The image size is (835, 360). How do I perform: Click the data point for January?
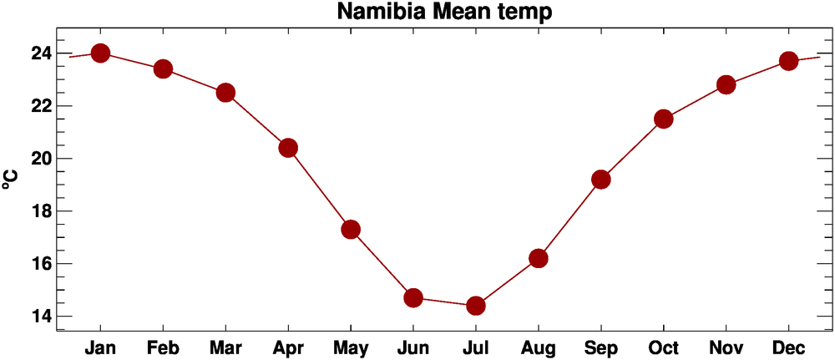tap(101, 53)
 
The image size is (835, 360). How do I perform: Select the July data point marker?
tap(476, 306)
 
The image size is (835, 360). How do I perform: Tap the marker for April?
tap(288, 148)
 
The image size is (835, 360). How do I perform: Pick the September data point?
tap(601, 180)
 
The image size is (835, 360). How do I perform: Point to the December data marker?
tap(788, 61)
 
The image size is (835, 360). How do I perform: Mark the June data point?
tap(413, 298)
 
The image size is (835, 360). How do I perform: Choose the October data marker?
tap(664, 119)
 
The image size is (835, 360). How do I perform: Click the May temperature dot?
tap(351, 230)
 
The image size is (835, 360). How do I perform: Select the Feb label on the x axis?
tap(163, 347)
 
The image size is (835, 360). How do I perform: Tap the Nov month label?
tap(726, 347)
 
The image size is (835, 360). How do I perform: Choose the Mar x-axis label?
tap(225, 347)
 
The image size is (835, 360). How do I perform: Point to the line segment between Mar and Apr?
tap(256, 120)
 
